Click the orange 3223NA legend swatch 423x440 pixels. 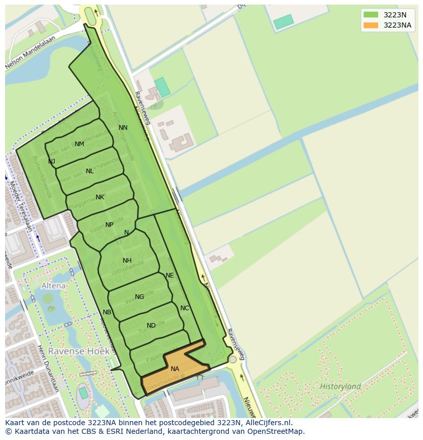click(371, 25)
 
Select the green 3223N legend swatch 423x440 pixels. click(371, 15)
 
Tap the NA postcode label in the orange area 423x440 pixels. click(175, 369)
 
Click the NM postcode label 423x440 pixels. click(79, 144)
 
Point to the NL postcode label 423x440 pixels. click(90, 171)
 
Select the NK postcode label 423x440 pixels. click(100, 197)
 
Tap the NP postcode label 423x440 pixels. click(109, 225)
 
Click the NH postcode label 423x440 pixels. click(127, 261)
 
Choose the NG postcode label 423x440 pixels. click(139, 297)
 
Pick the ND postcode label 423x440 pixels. click(151, 326)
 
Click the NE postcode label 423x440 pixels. click(170, 275)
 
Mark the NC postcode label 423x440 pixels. click(184, 308)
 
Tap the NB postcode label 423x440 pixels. click(107, 312)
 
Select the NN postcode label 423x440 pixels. click(123, 128)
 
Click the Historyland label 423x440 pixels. click(340, 386)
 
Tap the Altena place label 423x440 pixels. click(53, 286)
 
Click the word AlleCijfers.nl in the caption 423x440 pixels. click(267, 423)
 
